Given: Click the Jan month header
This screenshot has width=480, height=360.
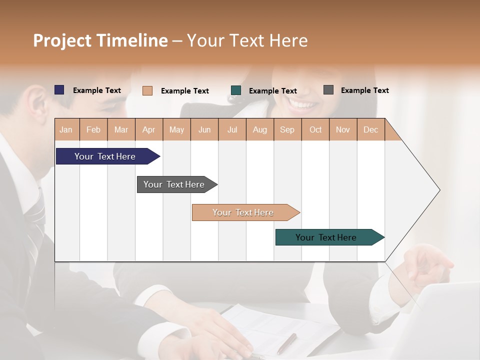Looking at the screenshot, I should pyautogui.click(x=66, y=129).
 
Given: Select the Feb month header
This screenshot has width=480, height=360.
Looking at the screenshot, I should pyautogui.click(x=93, y=129).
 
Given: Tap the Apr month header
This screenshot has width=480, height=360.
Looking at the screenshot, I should pyautogui.click(x=148, y=129).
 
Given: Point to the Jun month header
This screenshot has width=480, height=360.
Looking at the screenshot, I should pyautogui.click(x=204, y=129).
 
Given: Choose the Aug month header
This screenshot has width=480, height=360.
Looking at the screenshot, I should pyautogui.click(x=259, y=129).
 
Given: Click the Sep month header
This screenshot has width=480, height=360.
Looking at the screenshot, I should pyautogui.click(x=287, y=129).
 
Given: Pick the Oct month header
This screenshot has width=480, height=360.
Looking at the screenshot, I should pyautogui.click(x=315, y=129).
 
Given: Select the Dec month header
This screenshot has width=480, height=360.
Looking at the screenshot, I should pyautogui.click(x=370, y=129).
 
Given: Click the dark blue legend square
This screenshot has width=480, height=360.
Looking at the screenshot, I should pyautogui.click(x=59, y=90).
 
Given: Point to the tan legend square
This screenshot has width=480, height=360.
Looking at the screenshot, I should pyautogui.click(x=147, y=90).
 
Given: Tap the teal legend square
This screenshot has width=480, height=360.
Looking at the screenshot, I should pyautogui.click(x=236, y=90).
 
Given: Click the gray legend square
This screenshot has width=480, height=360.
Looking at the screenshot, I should pyautogui.click(x=328, y=90).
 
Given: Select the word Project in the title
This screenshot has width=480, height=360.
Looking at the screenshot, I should pyautogui.click(x=62, y=40).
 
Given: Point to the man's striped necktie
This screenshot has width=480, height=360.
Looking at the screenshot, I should pyautogui.click(x=35, y=220).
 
